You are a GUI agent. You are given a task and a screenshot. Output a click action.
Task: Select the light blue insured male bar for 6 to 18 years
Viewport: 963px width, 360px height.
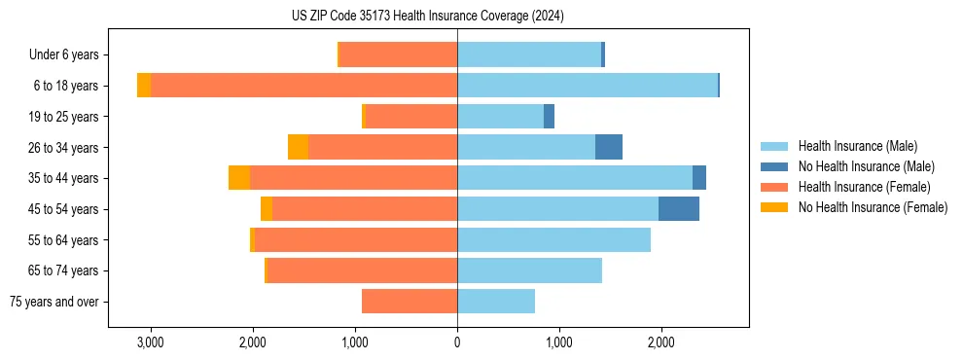click(588, 86)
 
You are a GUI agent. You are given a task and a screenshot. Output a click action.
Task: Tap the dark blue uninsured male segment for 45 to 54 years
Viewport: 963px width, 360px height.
click(678, 209)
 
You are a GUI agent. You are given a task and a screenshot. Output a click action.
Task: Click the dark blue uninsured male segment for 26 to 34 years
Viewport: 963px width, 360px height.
click(609, 147)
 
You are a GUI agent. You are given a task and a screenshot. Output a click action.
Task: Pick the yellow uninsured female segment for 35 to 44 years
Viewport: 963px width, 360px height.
click(239, 178)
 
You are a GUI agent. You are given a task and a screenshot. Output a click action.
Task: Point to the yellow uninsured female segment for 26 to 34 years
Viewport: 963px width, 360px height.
click(298, 147)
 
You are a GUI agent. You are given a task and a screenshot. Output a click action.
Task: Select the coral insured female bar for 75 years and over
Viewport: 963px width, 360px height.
click(410, 302)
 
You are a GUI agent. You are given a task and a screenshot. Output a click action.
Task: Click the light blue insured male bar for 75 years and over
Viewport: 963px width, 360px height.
click(496, 302)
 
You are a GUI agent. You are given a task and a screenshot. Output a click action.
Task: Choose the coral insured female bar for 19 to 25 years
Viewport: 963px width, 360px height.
click(410, 117)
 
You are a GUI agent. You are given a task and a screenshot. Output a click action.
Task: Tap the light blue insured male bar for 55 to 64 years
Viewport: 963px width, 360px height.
click(553, 239)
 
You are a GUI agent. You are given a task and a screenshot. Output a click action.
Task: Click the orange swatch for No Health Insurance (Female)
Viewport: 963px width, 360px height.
click(774, 207)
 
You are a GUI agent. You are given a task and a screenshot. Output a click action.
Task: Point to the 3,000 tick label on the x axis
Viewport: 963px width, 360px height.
click(151, 342)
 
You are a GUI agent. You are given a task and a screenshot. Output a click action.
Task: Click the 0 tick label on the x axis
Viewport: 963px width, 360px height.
click(457, 342)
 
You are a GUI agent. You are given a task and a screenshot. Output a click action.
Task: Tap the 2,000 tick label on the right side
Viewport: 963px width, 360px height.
click(660, 342)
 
